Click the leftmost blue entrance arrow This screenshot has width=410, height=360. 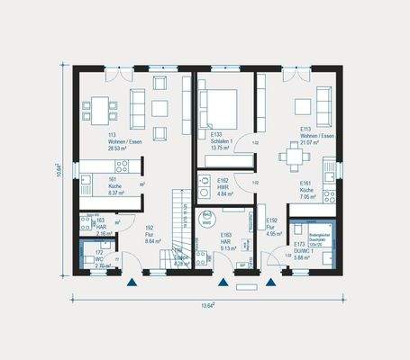[132, 282]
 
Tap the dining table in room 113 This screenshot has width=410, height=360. [97, 111]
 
